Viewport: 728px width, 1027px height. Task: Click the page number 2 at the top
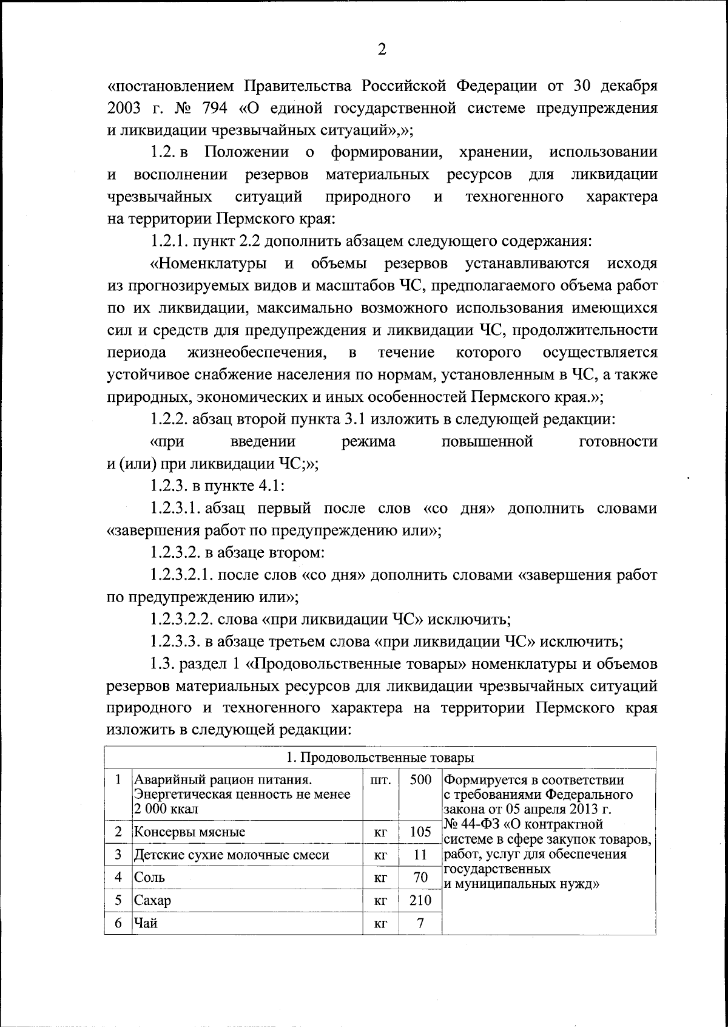point(382,50)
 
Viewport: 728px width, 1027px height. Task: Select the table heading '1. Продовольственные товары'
point(380,758)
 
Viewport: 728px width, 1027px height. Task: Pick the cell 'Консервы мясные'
point(189,832)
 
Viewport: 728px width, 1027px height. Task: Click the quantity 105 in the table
point(420,832)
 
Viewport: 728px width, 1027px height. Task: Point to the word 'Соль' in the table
point(149,877)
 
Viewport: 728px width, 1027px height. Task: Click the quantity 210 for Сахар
point(420,900)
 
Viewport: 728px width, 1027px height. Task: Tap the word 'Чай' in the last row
point(146,923)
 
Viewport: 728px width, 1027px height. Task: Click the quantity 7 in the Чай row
point(420,923)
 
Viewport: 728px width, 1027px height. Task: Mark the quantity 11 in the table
point(420,855)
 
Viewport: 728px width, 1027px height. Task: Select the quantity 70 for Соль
point(420,877)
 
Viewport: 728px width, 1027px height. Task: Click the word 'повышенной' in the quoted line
point(488,441)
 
